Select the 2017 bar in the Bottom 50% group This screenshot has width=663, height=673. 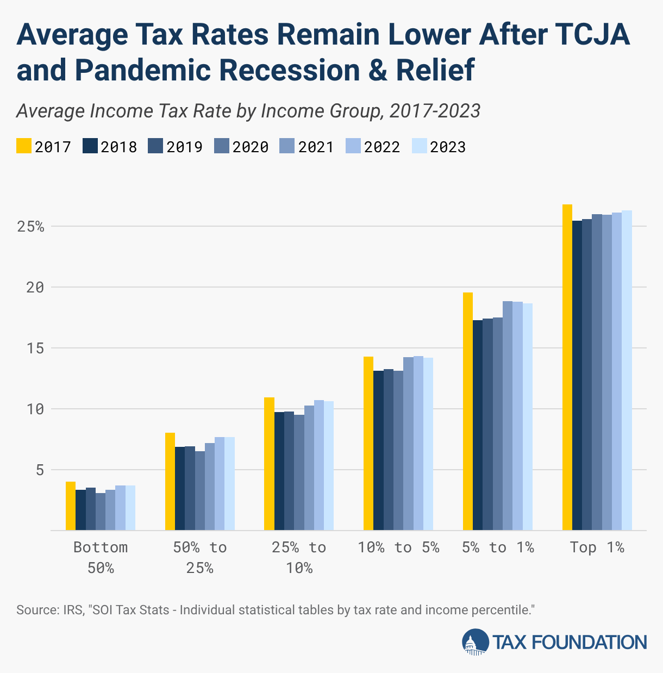pyautogui.click(x=71, y=506)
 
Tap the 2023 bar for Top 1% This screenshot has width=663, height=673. pyautogui.click(x=627, y=370)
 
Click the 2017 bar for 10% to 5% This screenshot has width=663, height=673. pyautogui.click(x=368, y=443)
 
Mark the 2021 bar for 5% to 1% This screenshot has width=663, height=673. pyautogui.click(x=508, y=415)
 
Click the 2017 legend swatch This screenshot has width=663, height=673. pyautogui.click(x=24, y=146)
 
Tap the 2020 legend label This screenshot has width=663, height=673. pyautogui.click(x=250, y=147)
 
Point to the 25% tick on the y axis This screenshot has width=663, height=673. pyautogui.click(x=30, y=226)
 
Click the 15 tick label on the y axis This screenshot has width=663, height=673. pyautogui.click(x=36, y=348)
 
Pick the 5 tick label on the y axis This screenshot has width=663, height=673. pyautogui.click(x=40, y=470)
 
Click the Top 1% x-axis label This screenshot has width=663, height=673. pyautogui.click(x=597, y=547)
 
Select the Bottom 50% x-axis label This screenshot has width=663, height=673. pyautogui.click(x=101, y=557)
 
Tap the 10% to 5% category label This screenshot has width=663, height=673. pyautogui.click(x=398, y=547)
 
